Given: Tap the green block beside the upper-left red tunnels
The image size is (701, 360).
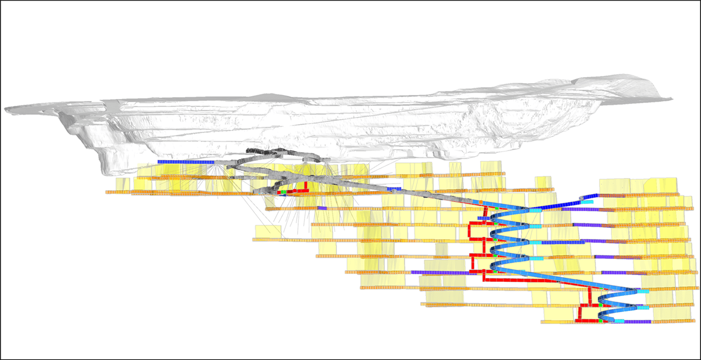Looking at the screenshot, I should [283, 192].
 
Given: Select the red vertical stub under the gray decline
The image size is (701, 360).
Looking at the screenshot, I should [306, 185].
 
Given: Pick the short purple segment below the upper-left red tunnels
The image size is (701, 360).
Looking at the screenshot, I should [322, 208].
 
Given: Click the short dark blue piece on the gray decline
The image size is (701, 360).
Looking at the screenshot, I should [394, 188].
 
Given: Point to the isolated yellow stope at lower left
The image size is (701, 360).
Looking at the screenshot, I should [268, 232].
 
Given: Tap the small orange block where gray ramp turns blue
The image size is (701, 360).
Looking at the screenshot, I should [480, 201].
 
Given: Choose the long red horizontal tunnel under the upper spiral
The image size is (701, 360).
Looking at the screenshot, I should [520, 280].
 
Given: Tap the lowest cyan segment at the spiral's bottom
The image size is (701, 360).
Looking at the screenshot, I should [618, 321].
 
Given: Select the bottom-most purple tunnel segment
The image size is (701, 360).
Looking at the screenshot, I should [637, 322].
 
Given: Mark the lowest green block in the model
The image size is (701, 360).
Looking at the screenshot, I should [601, 321].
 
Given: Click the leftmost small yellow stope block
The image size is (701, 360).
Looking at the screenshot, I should [120, 184].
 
